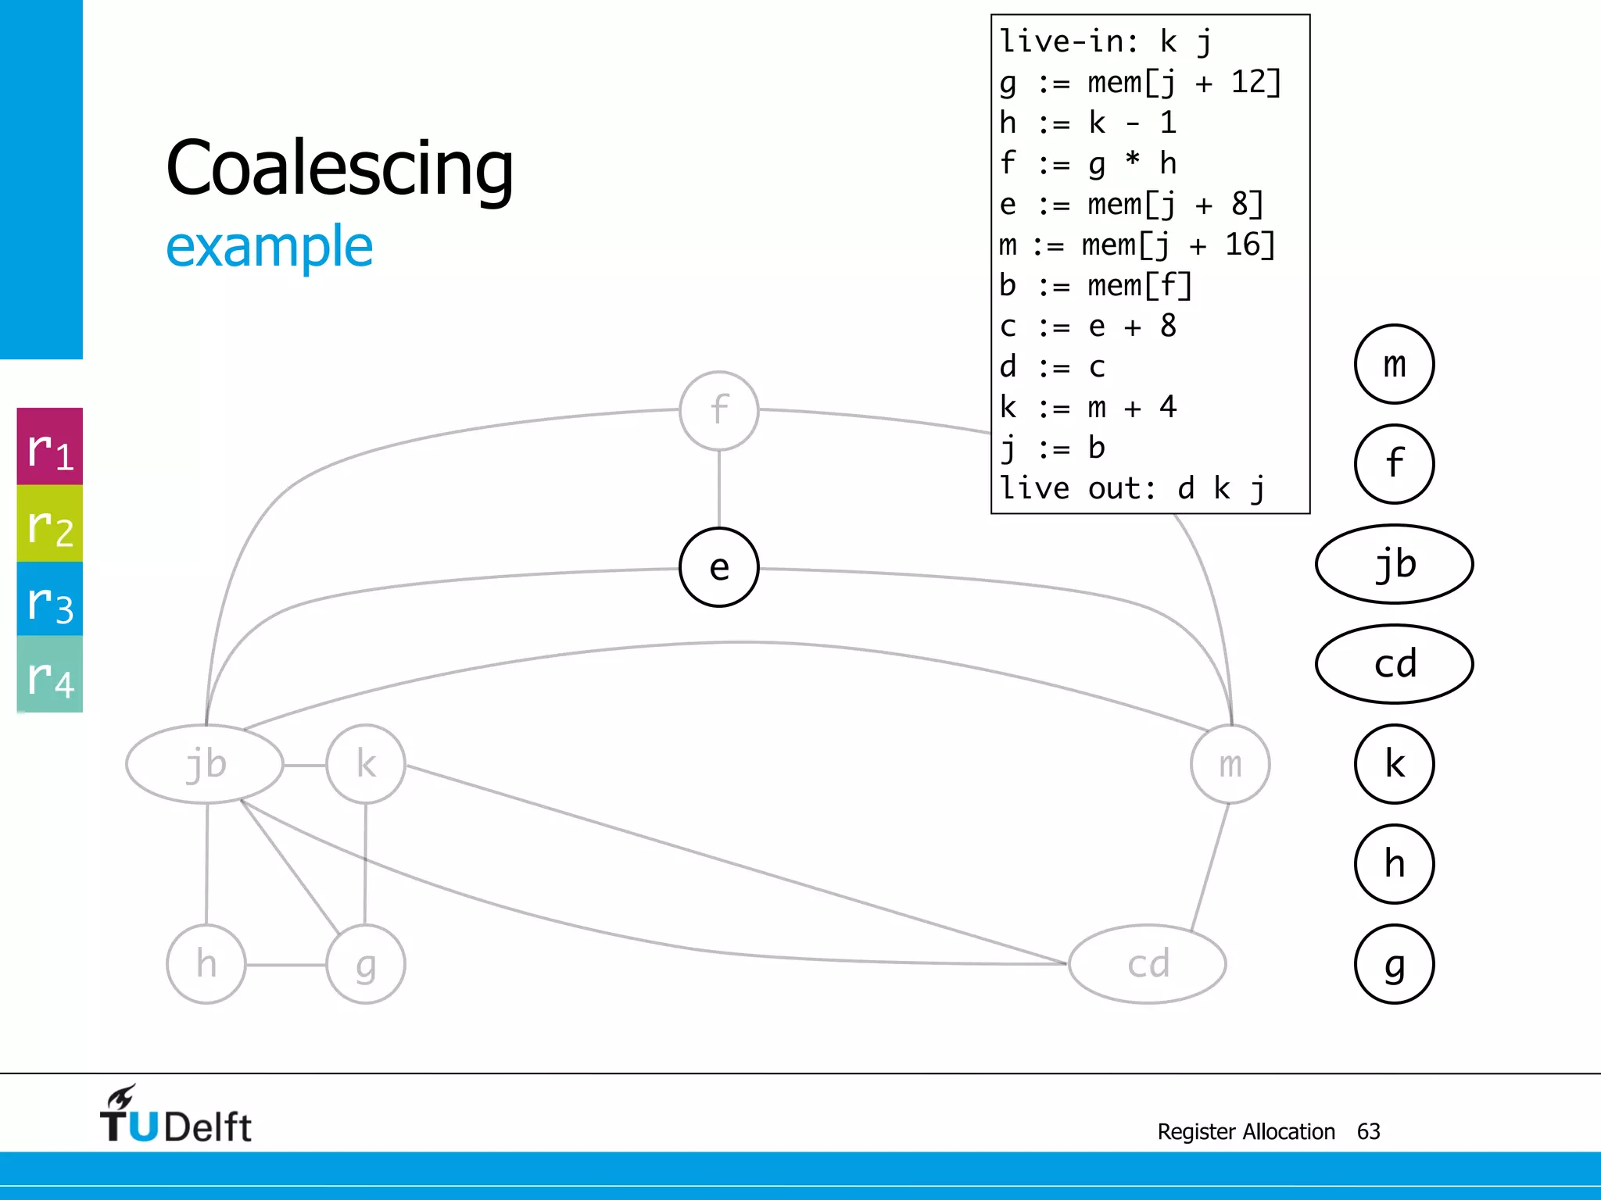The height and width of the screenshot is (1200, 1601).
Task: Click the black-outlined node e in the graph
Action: [x=719, y=567]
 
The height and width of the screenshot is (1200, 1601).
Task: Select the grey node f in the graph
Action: [x=719, y=410]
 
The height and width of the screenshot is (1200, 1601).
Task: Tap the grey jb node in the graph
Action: [x=205, y=763]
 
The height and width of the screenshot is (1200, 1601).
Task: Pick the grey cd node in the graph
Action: [x=1147, y=964]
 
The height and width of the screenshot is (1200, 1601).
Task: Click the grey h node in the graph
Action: [x=206, y=964]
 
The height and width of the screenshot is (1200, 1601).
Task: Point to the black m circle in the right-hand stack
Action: [x=1394, y=364]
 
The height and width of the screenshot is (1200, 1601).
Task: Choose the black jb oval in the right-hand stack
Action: [x=1394, y=564]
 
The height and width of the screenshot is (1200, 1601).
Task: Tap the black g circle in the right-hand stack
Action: [x=1394, y=964]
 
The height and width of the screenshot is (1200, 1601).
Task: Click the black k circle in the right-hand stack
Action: [x=1394, y=764]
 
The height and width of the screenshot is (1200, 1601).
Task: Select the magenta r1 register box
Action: [x=50, y=447]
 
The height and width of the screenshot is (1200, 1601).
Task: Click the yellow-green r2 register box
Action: [x=50, y=523]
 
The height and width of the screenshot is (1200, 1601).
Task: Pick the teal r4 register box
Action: [x=50, y=674]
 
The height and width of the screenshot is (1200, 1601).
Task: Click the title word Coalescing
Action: [x=340, y=168]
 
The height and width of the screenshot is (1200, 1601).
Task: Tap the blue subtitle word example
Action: [x=269, y=246]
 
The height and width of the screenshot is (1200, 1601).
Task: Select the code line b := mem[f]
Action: [x=1094, y=285]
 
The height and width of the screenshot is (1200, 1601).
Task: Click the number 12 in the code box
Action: [x=1248, y=82]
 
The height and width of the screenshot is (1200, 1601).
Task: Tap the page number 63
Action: [x=1368, y=1131]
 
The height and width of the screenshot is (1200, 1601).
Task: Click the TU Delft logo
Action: [x=175, y=1116]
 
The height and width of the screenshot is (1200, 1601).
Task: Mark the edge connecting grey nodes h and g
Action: [x=286, y=965]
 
